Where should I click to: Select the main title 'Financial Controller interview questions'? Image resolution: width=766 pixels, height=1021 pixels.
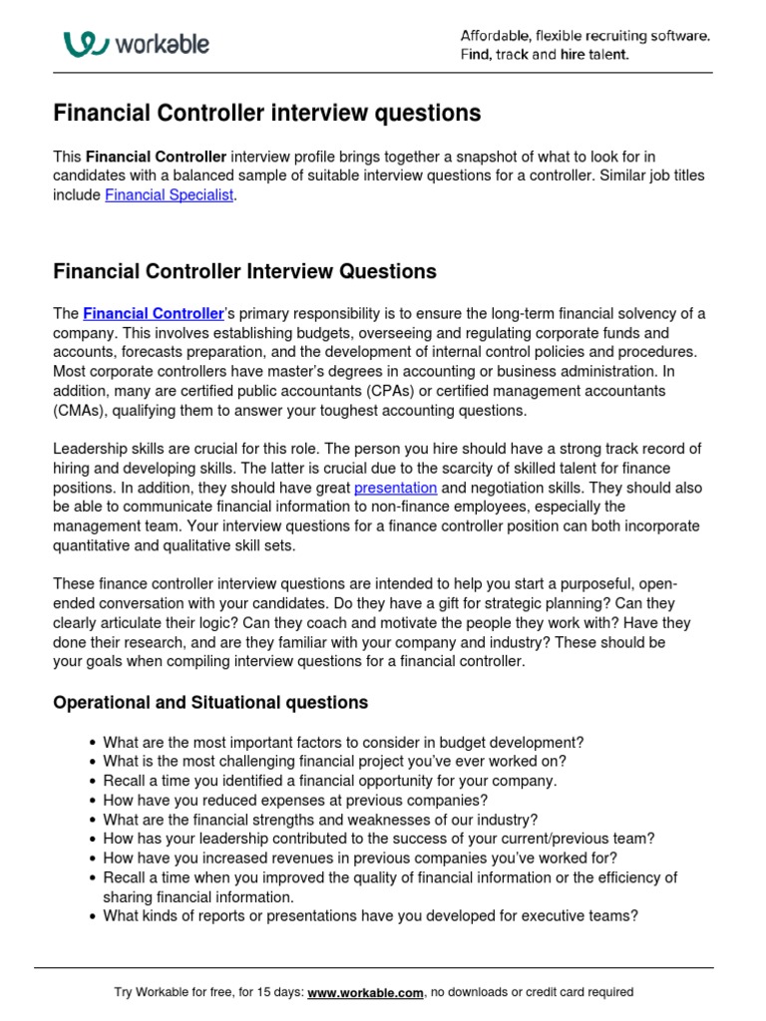pos(266,114)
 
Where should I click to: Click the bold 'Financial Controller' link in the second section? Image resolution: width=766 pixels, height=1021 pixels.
pos(153,313)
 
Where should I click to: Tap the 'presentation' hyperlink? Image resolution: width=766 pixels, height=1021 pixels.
pos(395,488)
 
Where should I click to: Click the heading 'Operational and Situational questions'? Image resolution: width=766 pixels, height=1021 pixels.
pos(210,703)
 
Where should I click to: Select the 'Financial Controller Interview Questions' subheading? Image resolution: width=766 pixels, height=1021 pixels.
pos(244,271)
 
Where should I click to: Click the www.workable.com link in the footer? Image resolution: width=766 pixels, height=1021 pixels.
pos(365,992)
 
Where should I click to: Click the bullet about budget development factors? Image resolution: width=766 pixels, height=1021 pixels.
pos(343,743)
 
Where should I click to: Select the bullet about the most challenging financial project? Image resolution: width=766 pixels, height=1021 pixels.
pos(335,762)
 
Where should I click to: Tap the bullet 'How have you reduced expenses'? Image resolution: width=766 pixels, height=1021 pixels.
pos(295,800)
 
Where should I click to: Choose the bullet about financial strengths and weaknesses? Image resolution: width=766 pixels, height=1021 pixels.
pos(320,820)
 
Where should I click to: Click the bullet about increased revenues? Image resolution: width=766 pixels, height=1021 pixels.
pos(360,857)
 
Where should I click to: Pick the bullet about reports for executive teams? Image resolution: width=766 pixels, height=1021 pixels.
pos(370,915)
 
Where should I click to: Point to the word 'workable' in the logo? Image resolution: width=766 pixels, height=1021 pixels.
pos(162,44)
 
